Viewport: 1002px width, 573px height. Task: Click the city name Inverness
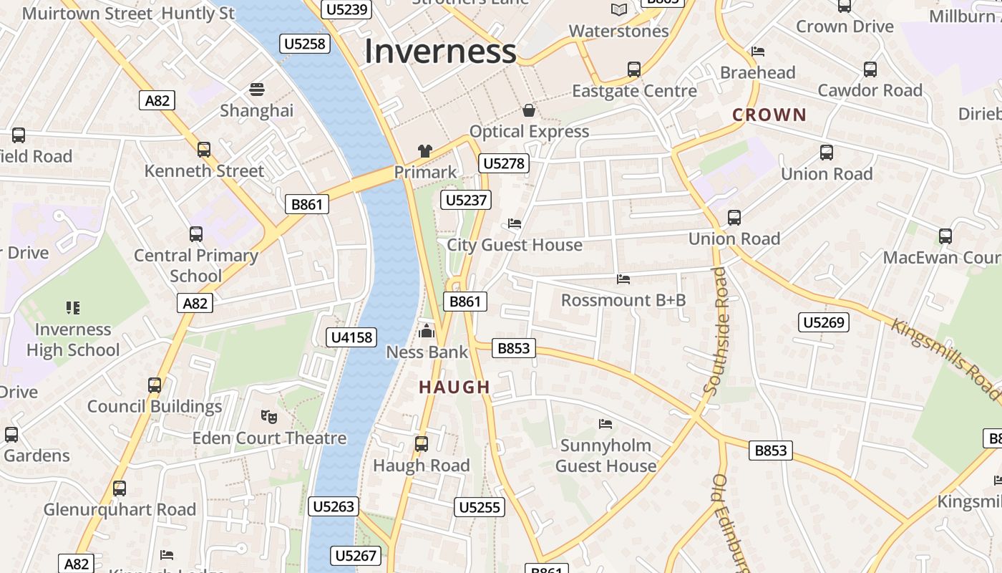(440, 52)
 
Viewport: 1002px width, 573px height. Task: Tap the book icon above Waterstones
(619, 9)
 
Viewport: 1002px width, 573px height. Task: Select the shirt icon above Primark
(425, 151)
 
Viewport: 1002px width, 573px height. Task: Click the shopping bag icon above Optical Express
(529, 110)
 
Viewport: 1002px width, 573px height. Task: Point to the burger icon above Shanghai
(256, 90)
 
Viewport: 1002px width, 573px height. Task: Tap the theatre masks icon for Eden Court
(268, 416)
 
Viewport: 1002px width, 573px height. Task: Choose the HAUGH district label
(454, 387)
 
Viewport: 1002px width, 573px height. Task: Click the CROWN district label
(769, 115)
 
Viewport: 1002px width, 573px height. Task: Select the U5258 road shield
(305, 44)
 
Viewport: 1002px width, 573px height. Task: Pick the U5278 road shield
(504, 163)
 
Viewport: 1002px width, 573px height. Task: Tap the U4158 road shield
(351, 337)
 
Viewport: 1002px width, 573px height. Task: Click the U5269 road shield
(824, 322)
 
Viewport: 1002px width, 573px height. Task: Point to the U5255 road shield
(479, 507)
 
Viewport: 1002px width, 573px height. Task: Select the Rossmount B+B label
(623, 300)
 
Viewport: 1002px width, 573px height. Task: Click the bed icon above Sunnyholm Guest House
(605, 424)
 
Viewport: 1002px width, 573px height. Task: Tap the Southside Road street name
(716, 330)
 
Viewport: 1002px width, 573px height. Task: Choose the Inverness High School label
(73, 340)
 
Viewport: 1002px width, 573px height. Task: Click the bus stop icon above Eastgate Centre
(633, 69)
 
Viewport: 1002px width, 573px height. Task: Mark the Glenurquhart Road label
(120, 509)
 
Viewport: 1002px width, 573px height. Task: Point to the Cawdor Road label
(870, 90)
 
